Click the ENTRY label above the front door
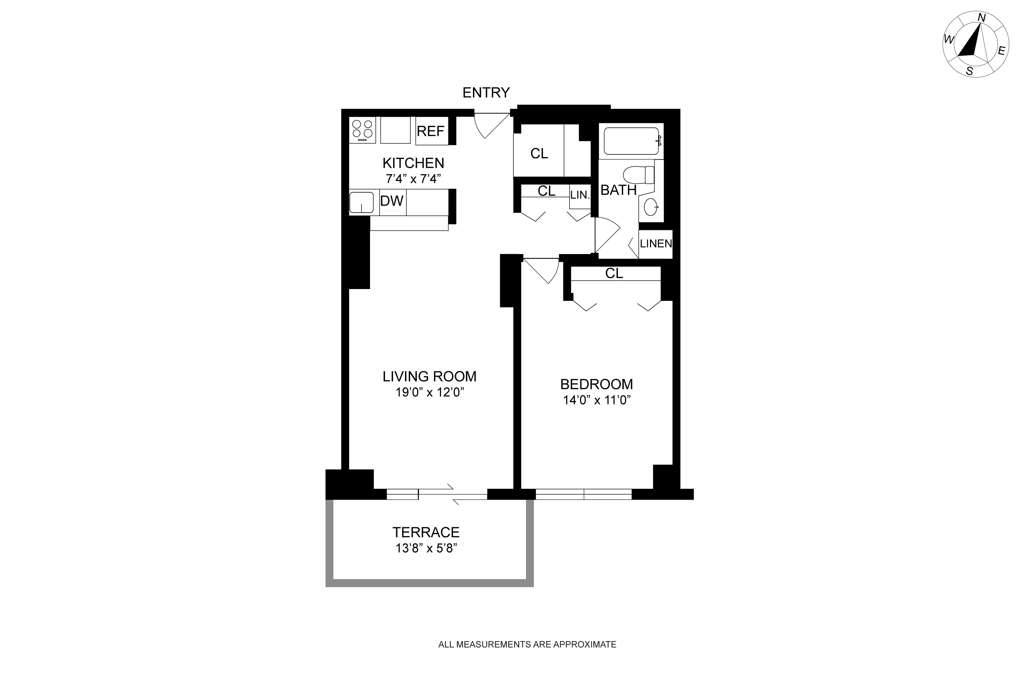click(x=486, y=93)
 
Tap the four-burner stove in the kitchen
click(x=362, y=129)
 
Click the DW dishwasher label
click(x=391, y=201)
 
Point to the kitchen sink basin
click(x=361, y=202)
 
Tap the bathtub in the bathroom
click(x=631, y=141)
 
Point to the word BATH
click(x=618, y=190)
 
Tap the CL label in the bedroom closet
click(x=614, y=273)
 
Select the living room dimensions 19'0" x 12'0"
click(x=429, y=392)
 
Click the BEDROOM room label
click(x=596, y=384)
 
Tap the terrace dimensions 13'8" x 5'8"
click(x=426, y=548)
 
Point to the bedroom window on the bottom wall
click(x=583, y=494)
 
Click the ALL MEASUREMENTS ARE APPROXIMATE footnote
click(x=527, y=644)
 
